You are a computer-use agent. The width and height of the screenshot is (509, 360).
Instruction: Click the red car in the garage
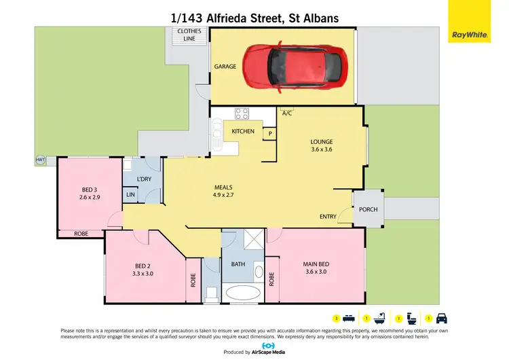tap(294, 66)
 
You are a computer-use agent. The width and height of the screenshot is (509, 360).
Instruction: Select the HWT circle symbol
tap(39, 160)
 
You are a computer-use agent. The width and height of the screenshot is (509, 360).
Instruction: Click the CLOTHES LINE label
tap(185, 35)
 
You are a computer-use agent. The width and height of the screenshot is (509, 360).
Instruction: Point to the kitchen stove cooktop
tap(242, 113)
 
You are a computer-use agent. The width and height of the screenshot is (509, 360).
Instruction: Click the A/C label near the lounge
tap(286, 113)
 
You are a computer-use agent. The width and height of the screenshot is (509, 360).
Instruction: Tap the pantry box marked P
tap(269, 134)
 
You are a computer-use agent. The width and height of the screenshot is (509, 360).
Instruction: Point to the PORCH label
tap(368, 209)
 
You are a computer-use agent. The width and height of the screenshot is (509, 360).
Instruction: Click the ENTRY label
tap(328, 217)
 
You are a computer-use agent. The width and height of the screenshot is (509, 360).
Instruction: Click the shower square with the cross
tap(255, 240)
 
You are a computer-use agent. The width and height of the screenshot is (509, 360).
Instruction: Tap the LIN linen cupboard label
tap(130, 196)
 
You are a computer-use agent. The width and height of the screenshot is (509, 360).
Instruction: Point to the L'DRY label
tap(144, 179)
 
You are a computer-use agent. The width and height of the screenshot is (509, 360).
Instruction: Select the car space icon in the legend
tap(440, 317)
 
